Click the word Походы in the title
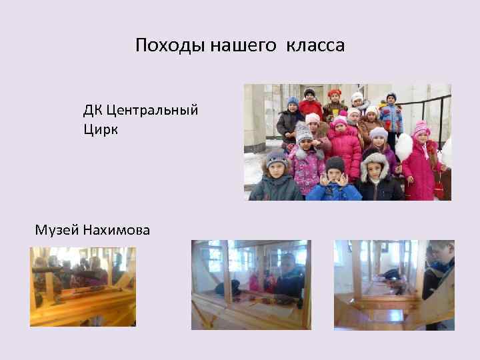click(x=170, y=45)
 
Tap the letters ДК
click(x=93, y=109)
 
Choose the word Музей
click(x=57, y=231)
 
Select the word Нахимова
click(x=117, y=231)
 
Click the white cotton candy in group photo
click(x=405, y=147)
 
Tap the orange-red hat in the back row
click(x=334, y=93)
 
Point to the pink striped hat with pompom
click(x=421, y=127)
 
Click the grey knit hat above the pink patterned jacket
click(x=304, y=133)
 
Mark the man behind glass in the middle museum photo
click(x=289, y=270)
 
